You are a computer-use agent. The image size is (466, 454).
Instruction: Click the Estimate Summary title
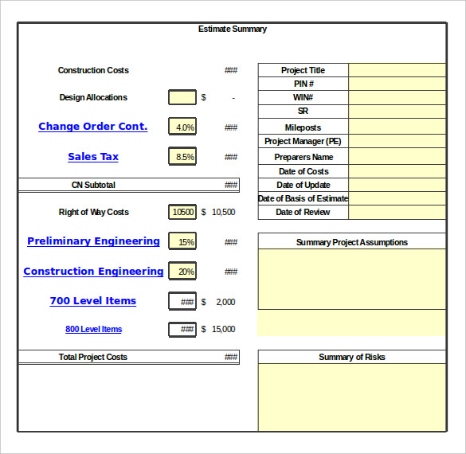[x=233, y=29]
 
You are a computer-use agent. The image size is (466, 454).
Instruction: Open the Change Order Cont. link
[x=93, y=127]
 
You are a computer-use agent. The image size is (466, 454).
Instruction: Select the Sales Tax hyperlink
[x=93, y=157]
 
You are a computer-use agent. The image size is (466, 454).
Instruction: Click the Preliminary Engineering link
[x=93, y=241]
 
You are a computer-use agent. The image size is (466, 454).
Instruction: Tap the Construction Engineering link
[x=93, y=272]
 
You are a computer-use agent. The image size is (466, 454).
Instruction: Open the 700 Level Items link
[x=93, y=301]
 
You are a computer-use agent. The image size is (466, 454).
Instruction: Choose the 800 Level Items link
[x=93, y=330]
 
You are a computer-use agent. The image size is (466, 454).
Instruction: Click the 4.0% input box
[x=182, y=127]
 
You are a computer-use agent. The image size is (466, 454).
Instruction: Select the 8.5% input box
[x=182, y=157]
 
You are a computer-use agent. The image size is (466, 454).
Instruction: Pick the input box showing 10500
[x=182, y=212]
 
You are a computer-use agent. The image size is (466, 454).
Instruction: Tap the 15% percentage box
[x=182, y=242]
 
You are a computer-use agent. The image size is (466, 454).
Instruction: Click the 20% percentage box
[x=182, y=272]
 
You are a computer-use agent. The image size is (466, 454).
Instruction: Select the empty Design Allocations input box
[x=182, y=97]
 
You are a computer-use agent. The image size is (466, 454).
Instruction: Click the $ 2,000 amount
[x=220, y=302]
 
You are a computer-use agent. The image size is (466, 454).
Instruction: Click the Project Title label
[x=303, y=70]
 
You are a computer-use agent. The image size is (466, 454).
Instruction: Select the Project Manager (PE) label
[x=303, y=141]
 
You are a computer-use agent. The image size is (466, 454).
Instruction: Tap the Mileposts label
[x=303, y=127]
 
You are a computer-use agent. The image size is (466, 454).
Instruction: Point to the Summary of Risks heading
[x=351, y=357]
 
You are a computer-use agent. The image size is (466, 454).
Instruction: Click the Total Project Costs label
[x=93, y=357]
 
